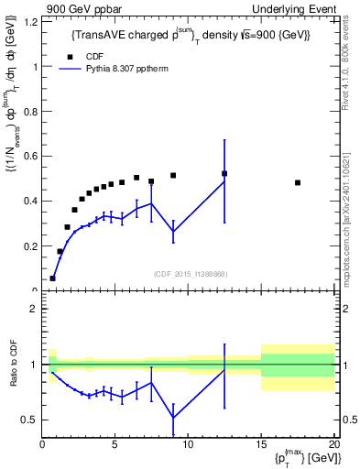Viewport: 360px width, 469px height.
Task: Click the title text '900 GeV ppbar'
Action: [x=79, y=8]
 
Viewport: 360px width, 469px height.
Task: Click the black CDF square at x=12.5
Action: [x=224, y=173]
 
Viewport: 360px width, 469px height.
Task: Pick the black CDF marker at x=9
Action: [x=173, y=175]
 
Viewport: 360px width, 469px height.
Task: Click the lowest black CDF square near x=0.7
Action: [x=52, y=278]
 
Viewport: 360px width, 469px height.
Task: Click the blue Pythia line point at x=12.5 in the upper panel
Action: [x=224, y=181]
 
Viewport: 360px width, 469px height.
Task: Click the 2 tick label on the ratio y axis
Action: [x=35, y=309]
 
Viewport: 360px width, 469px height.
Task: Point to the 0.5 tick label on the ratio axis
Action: [x=30, y=420]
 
